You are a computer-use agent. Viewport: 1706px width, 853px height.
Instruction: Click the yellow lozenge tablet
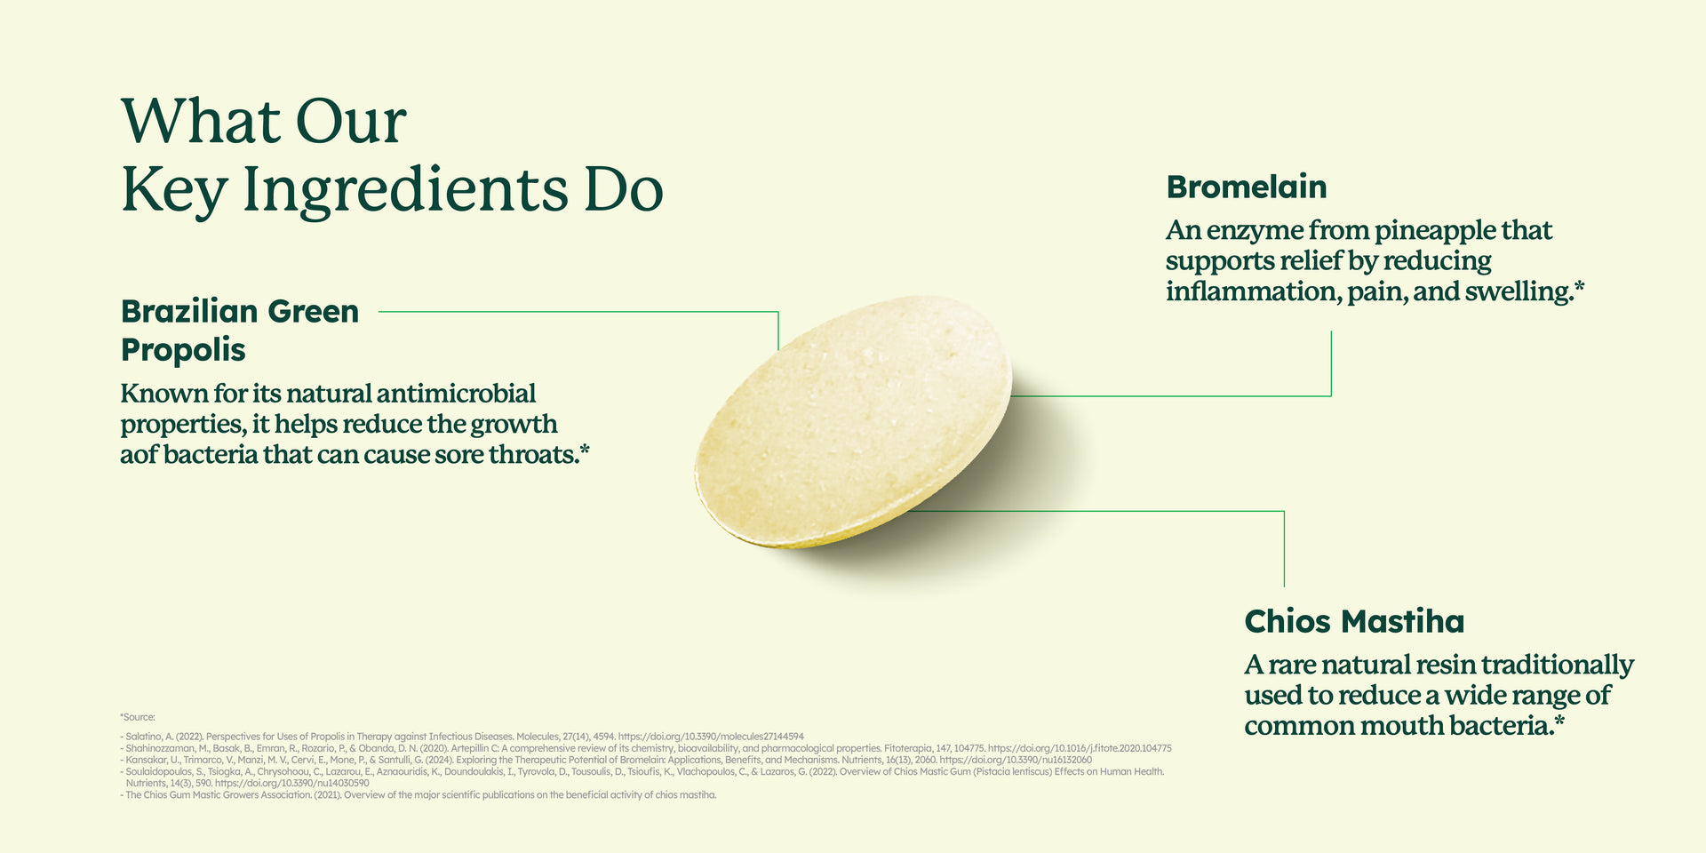pos(853,422)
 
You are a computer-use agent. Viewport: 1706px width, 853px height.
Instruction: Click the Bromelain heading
pos(1247,187)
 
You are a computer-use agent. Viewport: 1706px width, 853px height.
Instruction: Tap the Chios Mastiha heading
pos(1354,621)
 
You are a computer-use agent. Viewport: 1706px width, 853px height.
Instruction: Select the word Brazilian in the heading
pos(188,312)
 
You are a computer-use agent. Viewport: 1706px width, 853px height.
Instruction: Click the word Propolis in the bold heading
pos(183,351)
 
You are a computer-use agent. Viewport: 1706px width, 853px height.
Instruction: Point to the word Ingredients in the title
pos(404,189)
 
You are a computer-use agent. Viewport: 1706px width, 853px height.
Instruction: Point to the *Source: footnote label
pos(138,717)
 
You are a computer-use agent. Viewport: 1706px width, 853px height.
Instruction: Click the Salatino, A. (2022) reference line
pos(462,737)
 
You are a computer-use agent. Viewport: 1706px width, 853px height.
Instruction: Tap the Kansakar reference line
pos(606,760)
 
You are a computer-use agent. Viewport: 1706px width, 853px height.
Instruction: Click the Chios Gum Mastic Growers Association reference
pos(418,795)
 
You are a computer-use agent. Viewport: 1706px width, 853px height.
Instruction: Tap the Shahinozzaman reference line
pos(646,748)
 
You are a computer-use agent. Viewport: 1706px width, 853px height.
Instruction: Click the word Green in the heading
pos(314,312)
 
